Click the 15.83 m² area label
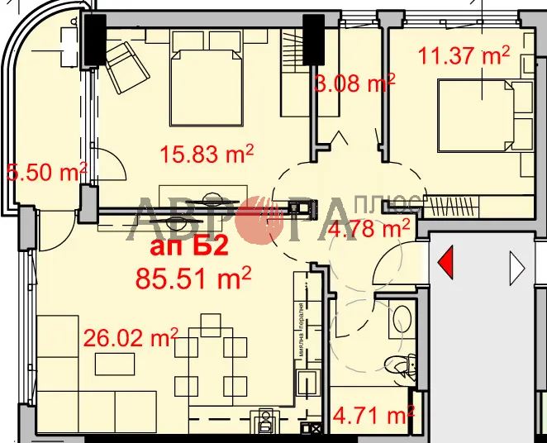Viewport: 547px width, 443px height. click(205, 155)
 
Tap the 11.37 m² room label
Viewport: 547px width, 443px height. click(464, 57)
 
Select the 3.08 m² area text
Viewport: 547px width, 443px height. click(354, 83)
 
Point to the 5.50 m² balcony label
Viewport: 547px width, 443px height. click(46, 173)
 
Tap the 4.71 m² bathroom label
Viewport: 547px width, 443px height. click(373, 413)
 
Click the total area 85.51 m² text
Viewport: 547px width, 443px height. click(193, 278)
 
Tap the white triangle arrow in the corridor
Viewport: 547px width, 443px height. click(518, 266)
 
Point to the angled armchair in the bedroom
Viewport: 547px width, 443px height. click(125, 67)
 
